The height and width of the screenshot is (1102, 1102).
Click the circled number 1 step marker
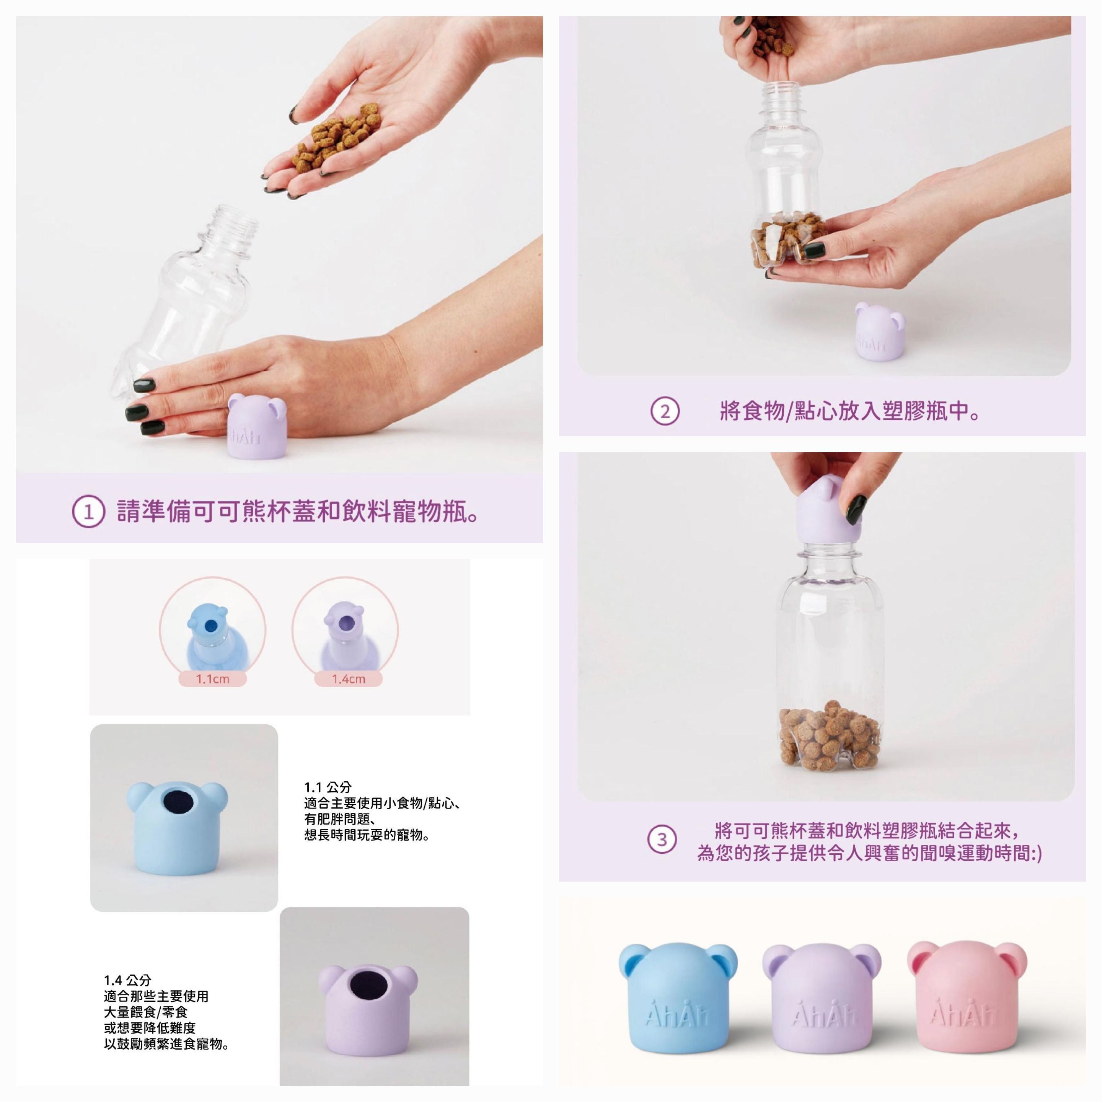[88, 512]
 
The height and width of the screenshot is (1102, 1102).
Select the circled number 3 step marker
[662, 840]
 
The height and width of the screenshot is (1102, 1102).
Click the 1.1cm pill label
[212, 679]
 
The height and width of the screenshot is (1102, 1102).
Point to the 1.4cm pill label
[349, 679]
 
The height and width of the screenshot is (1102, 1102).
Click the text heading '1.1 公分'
[328, 787]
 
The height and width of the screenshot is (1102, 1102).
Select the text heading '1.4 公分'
[128, 980]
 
